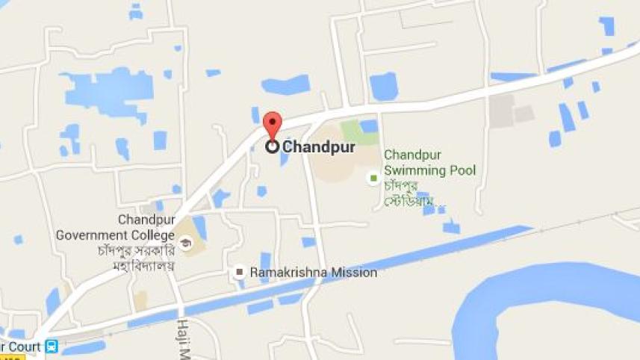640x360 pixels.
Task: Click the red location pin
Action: click(273, 123)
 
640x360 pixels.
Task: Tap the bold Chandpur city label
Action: click(318, 147)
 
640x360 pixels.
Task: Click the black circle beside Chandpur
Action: click(273, 147)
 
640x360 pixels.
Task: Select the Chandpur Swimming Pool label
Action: click(429, 163)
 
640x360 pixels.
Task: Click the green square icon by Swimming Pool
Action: click(373, 178)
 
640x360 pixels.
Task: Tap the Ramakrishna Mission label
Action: click(313, 273)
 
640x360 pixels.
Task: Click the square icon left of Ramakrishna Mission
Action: click(239, 273)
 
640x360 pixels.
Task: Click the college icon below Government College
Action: click(184, 243)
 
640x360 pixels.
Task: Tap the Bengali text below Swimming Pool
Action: click(411, 193)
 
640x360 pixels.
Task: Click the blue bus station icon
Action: click(52, 347)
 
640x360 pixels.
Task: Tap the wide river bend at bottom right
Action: click(538, 299)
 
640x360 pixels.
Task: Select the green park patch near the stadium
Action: click(360, 132)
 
